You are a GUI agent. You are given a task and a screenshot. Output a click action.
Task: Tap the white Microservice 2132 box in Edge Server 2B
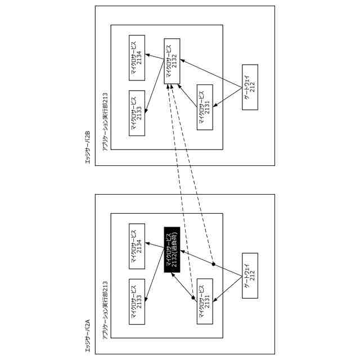coord(172,61)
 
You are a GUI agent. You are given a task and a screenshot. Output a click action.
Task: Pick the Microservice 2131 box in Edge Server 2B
coord(205,107)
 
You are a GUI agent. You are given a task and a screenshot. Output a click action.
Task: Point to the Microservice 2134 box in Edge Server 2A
coord(137,246)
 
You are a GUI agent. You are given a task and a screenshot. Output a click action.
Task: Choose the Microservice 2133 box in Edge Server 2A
coord(137,301)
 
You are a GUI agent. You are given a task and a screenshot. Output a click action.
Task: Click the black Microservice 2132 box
coord(172,249)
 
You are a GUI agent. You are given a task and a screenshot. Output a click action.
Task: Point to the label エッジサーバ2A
coord(87,336)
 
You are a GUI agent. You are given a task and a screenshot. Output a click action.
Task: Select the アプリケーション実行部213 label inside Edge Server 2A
coord(105,310)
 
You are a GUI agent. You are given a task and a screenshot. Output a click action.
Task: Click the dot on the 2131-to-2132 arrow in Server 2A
coord(193,298)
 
